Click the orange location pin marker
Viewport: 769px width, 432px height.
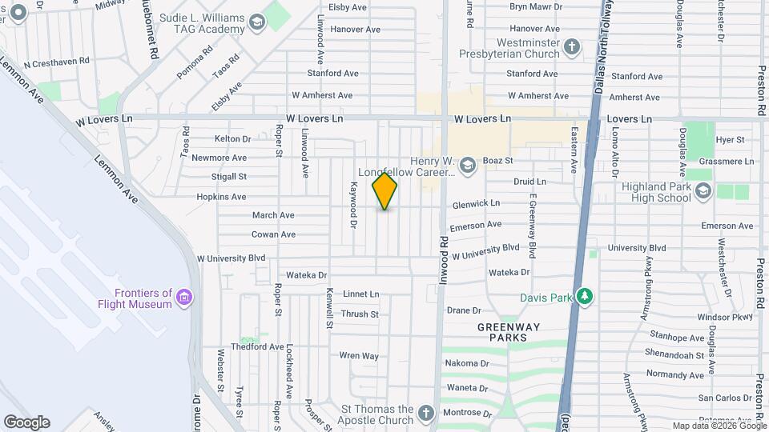384,190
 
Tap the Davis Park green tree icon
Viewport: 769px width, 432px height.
585,297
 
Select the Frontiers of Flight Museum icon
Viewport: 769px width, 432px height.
185,298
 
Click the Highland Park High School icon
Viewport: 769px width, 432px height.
703,190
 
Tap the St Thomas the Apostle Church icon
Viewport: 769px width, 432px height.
426,414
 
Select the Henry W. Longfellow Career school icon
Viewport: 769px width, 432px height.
468,165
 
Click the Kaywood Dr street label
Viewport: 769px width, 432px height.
352,204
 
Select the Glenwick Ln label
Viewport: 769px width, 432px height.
476,204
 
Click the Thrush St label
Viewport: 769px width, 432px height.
359,314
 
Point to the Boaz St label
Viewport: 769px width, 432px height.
497,160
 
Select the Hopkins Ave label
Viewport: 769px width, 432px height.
221,197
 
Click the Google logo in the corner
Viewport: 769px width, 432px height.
26,422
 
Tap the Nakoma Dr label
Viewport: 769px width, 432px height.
467,363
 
